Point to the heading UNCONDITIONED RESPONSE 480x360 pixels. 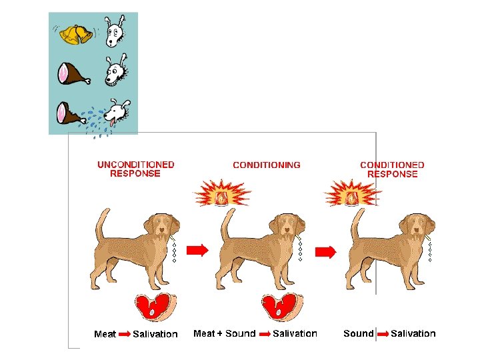point(135,169)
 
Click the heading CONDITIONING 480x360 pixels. point(266,165)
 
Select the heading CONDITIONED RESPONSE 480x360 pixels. point(392,169)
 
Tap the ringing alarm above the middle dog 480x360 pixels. point(223,195)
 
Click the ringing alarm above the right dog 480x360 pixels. point(353,195)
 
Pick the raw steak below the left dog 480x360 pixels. point(155,309)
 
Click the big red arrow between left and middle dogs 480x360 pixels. point(197,250)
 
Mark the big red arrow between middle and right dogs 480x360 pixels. point(325,252)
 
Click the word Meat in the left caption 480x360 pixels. point(105,334)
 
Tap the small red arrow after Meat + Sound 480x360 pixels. point(265,333)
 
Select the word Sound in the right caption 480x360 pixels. point(358,333)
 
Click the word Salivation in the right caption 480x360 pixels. point(413,333)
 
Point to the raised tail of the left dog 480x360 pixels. point(101,223)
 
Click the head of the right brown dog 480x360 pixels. point(417,227)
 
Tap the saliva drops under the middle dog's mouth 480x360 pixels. point(301,249)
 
